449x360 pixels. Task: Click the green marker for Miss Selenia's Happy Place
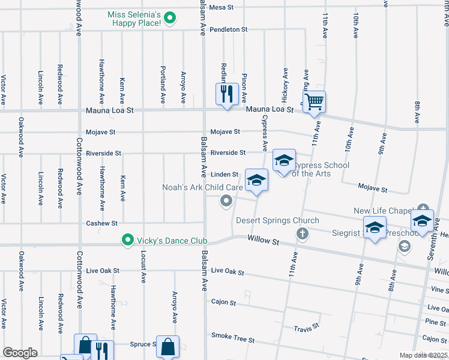pyautogui.click(x=170, y=18)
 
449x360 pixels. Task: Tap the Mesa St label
pyautogui.click(x=221, y=8)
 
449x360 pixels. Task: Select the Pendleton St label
pyautogui.click(x=228, y=29)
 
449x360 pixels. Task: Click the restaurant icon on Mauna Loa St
pyautogui.click(x=227, y=94)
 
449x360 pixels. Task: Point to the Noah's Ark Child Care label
pyautogui.click(x=202, y=188)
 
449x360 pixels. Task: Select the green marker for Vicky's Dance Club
pyautogui.click(x=127, y=241)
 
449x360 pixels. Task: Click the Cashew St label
pyautogui.click(x=101, y=223)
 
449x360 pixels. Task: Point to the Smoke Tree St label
pyautogui.click(x=233, y=340)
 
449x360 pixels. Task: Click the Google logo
pyautogui.click(x=20, y=353)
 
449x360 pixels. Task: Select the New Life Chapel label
pyautogui.click(x=382, y=211)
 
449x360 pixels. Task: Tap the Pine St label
pyautogui.click(x=435, y=322)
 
